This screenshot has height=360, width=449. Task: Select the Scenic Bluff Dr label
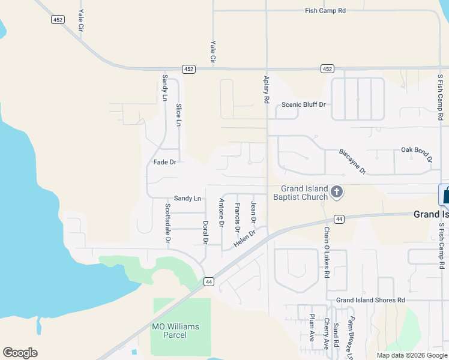[303, 105]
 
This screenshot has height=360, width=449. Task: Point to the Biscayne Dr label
[352, 161]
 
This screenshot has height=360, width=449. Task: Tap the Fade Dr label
[164, 162]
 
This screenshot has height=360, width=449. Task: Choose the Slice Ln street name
[178, 115]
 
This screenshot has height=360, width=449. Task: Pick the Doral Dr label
[205, 233]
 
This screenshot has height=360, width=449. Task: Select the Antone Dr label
[221, 213]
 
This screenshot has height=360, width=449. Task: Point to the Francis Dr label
[238, 218]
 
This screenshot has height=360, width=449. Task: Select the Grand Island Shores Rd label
[370, 300]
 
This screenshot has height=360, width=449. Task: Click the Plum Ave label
[312, 327]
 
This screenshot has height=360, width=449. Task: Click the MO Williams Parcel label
[175, 331]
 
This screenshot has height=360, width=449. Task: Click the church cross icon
[337, 192]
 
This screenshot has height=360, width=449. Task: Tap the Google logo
[20, 353]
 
